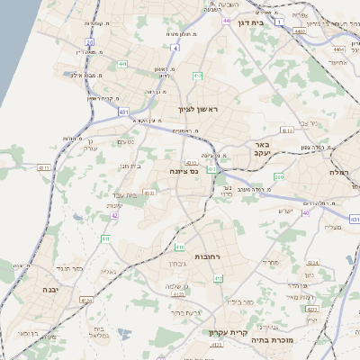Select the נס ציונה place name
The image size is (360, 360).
[183, 170]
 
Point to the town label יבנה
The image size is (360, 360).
[49, 289]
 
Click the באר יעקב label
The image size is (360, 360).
[262, 149]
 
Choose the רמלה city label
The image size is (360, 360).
[338, 172]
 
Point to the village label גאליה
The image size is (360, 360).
[108, 271]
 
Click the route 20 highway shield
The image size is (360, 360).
[90, 41]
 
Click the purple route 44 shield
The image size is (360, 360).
[227, 20]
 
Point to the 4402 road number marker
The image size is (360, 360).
[299, 31]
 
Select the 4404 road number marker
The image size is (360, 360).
[337, 49]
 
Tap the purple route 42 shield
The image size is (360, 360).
[114, 216]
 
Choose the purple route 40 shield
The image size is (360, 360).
[306, 213]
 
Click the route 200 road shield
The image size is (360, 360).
[279, 177]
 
